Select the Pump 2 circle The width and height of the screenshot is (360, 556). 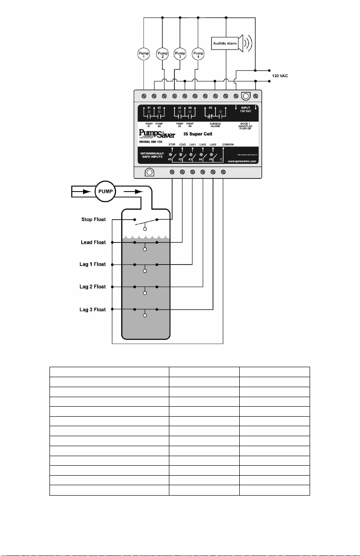pyautogui.click(x=162, y=54)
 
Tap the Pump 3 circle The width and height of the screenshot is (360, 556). pyautogui.click(x=180, y=54)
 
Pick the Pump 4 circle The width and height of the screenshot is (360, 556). pyautogui.click(x=198, y=54)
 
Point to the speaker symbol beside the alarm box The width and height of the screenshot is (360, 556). pyautogui.click(x=247, y=43)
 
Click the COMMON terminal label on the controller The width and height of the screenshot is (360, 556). pyautogui.click(x=228, y=144)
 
